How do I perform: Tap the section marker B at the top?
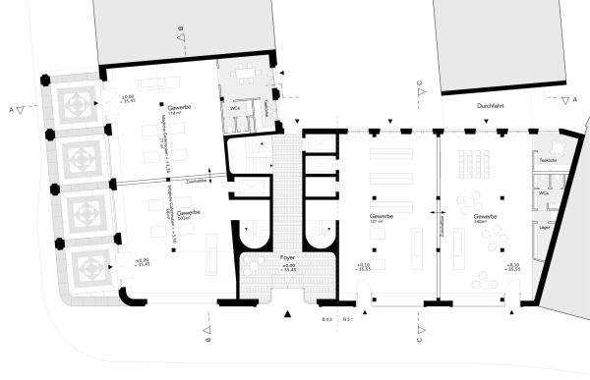pyautogui.click(x=181, y=36)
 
